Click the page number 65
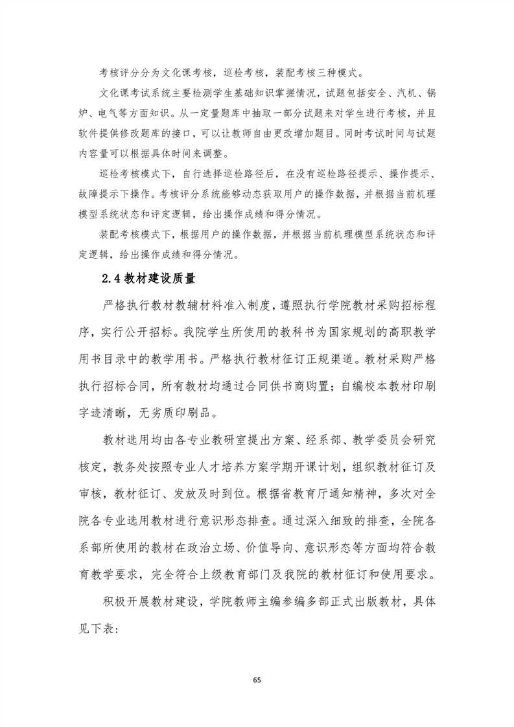[x=257, y=680]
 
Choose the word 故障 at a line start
[x=89, y=193]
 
